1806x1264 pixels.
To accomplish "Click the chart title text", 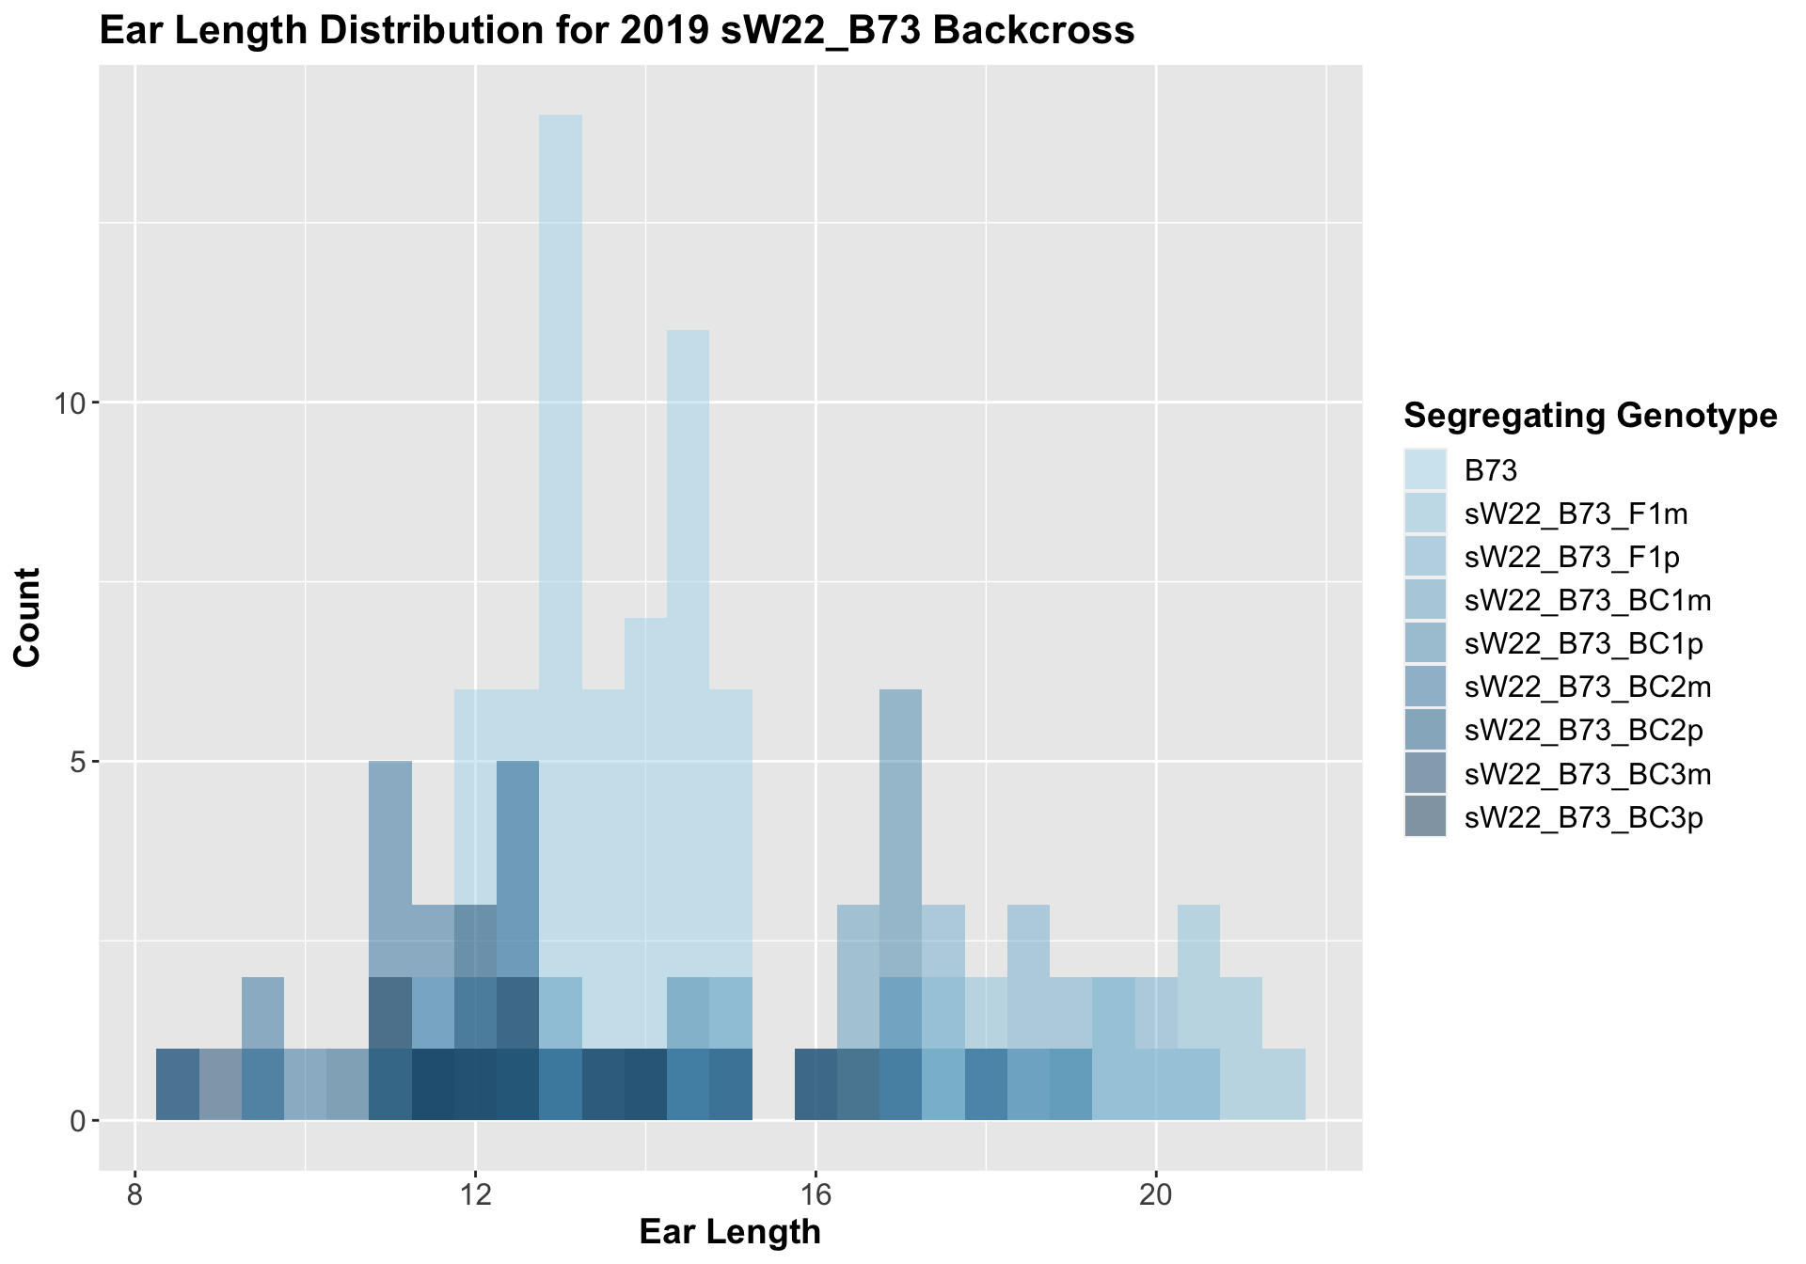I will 616,32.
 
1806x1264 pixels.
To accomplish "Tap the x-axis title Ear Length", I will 730,1232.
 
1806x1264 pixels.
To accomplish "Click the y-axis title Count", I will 28,617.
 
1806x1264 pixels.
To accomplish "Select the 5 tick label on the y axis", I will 77,762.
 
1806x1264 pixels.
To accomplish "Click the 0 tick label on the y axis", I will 77,1121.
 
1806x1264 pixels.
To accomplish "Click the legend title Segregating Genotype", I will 1590,415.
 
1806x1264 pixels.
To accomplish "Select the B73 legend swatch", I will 1425,469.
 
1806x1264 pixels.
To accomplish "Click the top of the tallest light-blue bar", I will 561,117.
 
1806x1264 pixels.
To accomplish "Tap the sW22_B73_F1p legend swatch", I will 1425,557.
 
